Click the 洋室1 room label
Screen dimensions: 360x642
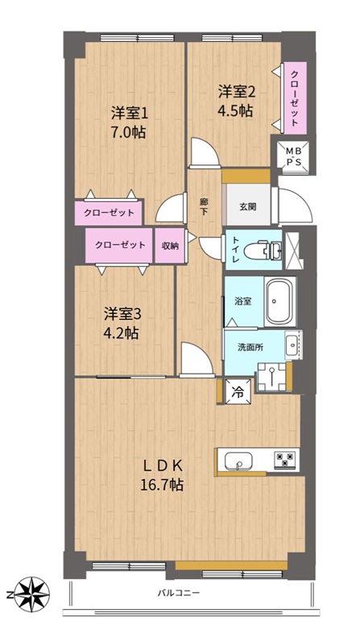[129, 113]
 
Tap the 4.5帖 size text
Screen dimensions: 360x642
[235, 111]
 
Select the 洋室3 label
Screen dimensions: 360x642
[122, 314]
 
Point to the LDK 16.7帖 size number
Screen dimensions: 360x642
[162, 485]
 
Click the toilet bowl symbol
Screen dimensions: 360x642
[263, 251]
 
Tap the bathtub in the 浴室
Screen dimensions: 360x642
[279, 302]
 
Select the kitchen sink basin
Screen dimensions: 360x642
[238, 461]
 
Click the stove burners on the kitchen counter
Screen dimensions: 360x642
[284, 459]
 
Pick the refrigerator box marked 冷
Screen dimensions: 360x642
[238, 391]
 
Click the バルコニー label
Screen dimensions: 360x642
[179, 592]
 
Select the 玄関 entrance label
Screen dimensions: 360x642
[248, 207]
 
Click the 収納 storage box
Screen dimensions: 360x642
[170, 246]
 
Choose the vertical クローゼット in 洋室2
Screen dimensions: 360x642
[295, 97]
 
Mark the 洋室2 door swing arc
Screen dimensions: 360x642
[205, 151]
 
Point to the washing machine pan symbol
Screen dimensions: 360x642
[272, 376]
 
